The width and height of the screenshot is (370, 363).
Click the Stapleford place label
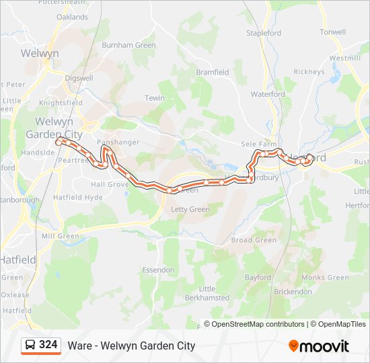tap(264, 33)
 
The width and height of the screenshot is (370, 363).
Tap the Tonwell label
tap(333, 32)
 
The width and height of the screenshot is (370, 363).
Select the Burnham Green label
tap(128, 46)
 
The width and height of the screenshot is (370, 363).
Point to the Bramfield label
tap(213, 72)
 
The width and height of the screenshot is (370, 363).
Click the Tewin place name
tap(155, 98)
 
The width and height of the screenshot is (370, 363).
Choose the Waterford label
tap(268, 95)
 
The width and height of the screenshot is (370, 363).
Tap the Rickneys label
tap(309, 72)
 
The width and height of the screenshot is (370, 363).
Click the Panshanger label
tap(118, 143)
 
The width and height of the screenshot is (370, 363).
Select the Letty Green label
tap(190, 210)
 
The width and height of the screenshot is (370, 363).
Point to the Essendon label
tap(158, 270)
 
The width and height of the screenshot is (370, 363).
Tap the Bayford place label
tap(258, 277)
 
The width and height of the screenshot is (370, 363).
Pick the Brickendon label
tap(294, 292)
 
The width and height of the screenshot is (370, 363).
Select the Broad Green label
tap(254, 240)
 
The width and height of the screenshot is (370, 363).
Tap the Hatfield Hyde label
tap(79, 197)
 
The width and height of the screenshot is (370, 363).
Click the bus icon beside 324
tap(30, 346)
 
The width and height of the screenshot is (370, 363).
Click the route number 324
tap(48, 345)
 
